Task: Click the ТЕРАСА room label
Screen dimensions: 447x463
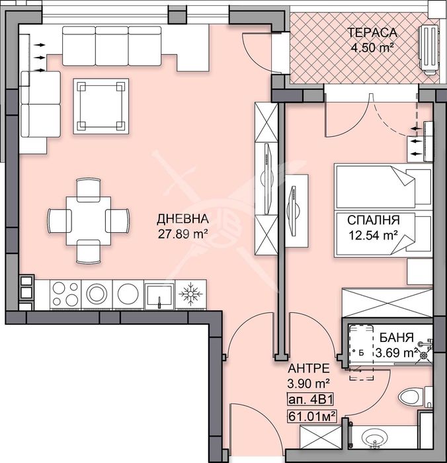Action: (x=372, y=32)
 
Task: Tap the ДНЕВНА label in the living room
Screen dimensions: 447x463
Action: (x=183, y=219)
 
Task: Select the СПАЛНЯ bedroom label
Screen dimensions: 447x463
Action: (x=373, y=220)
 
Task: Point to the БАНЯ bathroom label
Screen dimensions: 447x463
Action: (x=396, y=337)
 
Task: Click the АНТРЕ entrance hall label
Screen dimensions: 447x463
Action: (x=309, y=368)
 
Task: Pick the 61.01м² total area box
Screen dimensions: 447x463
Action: (x=312, y=417)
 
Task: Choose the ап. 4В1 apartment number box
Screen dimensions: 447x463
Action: (x=310, y=400)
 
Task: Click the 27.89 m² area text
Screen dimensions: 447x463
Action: (x=183, y=234)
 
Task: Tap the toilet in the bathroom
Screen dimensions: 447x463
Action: (x=414, y=396)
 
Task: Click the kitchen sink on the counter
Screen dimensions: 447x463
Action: (x=159, y=295)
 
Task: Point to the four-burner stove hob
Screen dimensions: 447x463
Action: (x=65, y=294)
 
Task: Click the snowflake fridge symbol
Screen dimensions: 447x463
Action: (x=191, y=294)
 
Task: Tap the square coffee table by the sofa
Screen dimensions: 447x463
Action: (x=101, y=106)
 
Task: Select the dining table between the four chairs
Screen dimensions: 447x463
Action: (x=89, y=220)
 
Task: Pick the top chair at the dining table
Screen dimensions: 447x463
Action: (x=89, y=190)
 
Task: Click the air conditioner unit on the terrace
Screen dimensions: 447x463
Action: (x=428, y=50)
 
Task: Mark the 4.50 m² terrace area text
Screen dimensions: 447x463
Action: (x=372, y=47)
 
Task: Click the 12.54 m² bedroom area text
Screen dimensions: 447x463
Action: (x=373, y=235)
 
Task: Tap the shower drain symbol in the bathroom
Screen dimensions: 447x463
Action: (x=425, y=355)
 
